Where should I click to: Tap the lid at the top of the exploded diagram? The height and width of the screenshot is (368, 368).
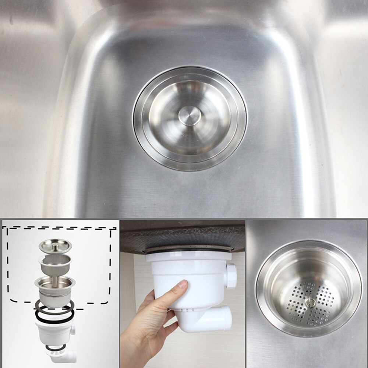(55, 246)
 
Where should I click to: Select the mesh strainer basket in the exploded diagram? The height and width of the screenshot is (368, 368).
(55, 264)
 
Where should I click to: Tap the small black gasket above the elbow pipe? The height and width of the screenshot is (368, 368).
(56, 347)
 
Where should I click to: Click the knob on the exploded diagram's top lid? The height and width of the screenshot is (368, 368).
(56, 242)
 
